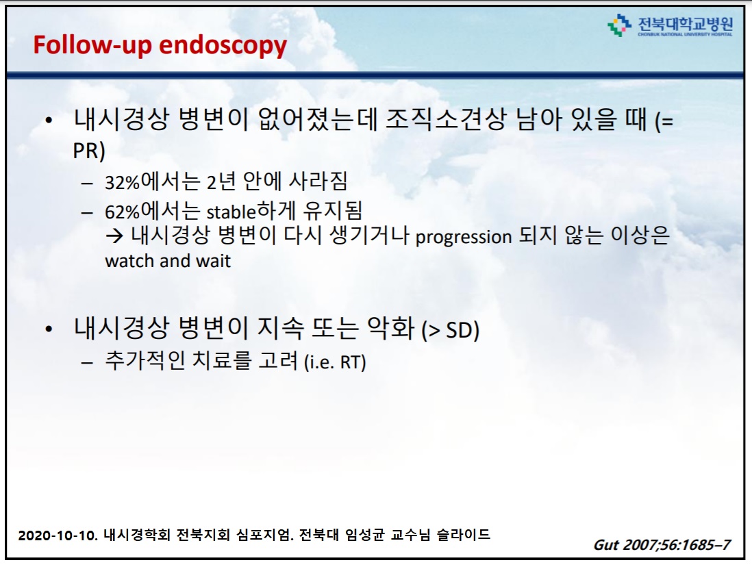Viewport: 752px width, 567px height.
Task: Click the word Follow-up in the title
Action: pos(92,45)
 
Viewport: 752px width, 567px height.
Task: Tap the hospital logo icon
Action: pos(619,25)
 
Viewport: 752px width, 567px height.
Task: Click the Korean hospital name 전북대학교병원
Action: pos(686,24)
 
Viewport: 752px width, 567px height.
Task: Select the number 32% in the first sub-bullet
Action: pos(123,183)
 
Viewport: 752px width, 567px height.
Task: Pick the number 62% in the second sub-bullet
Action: pos(123,212)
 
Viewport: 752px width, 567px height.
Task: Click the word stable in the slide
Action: pos(231,211)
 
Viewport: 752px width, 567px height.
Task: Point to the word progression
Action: pos(464,237)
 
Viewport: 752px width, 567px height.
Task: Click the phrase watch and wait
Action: pos(168,261)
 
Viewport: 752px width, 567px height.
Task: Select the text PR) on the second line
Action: pos(89,151)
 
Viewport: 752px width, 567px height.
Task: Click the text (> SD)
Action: pos(451,331)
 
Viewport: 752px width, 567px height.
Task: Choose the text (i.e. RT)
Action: pos(335,362)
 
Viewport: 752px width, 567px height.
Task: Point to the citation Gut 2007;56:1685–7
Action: pos(662,545)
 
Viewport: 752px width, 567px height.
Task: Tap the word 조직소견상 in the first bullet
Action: pos(446,119)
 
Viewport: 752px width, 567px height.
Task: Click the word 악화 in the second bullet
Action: pos(391,328)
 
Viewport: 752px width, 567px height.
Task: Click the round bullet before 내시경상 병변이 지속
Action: pos(49,329)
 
